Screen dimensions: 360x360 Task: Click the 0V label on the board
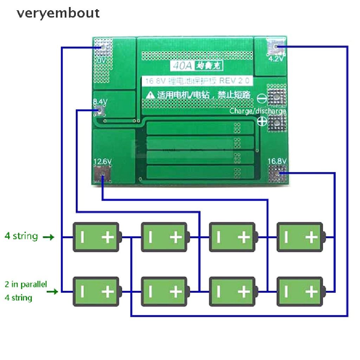coord(102,60)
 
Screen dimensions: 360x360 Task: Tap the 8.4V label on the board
coord(100,102)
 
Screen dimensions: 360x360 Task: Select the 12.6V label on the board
coord(102,161)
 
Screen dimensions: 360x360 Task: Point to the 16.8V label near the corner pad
coord(278,161)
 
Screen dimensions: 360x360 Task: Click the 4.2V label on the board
coord(276,59)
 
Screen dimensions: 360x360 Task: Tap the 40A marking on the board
coord(179,65)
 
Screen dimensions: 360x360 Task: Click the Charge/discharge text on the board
coord(258,111)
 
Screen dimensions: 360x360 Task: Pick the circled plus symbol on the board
coord(262,122)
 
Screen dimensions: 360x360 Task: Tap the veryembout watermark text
coord(58,13)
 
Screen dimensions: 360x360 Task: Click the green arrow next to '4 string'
coord(49,237)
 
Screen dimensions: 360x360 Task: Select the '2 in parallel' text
coord(26,284)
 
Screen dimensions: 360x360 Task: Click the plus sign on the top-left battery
coord(108,238)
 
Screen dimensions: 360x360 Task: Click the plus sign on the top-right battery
coord(311,238)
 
